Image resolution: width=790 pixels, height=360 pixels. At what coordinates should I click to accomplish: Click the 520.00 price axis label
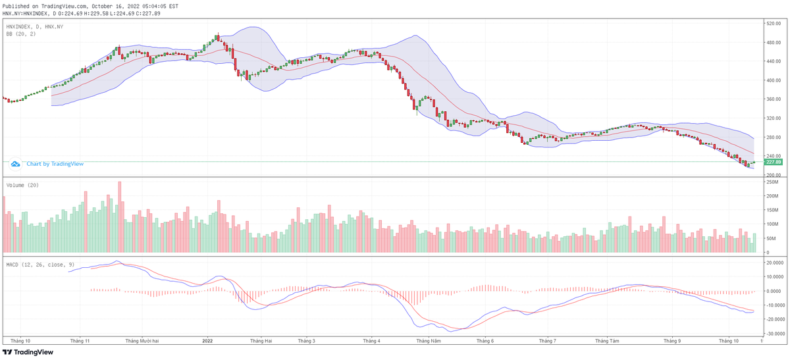coord(772,23)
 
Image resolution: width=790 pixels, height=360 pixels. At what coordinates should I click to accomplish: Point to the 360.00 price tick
coord(772,99)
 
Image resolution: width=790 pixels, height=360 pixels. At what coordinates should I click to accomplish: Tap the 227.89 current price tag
coord(774,162)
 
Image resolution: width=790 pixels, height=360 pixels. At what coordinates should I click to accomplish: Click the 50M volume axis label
coord(770,238)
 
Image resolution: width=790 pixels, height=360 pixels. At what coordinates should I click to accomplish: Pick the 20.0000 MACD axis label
coord(773,262)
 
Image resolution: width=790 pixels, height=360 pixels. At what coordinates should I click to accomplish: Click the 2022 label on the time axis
coord(207,341)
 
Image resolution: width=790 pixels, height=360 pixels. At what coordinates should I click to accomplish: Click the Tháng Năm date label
coord(427,341)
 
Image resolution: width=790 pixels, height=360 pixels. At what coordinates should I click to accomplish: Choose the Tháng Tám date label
coord(608,341)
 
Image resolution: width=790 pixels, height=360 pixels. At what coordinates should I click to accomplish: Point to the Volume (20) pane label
coord(22,186)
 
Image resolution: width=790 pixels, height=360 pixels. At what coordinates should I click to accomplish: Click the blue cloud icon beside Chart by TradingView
coord(15,163)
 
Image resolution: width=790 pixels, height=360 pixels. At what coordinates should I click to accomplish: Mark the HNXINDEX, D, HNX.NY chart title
coord(34,26)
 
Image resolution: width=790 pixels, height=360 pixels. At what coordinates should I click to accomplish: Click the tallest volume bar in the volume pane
coord(120,217)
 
